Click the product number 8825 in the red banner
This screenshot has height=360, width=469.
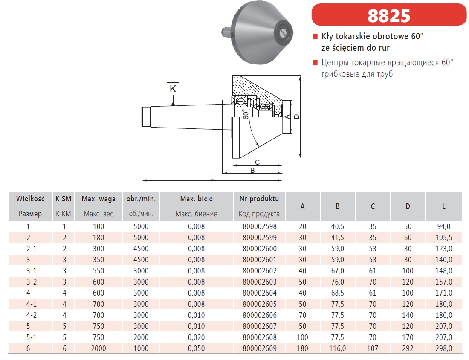tap(388, 16)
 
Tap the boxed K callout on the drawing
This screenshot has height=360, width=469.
tap(173, 89)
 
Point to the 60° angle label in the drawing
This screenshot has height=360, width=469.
tap(246, 114)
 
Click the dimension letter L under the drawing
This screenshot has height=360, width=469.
tap(212, 177)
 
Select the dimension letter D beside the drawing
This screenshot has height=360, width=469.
tap(296, 116)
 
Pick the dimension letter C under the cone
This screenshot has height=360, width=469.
tap(257, 162)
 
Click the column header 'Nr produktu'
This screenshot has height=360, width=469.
tap(259, 199)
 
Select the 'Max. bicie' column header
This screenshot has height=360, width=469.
tap(196, 199)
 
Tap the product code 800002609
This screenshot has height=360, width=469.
tap(260, 348)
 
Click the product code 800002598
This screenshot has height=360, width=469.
tap(260, 226)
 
